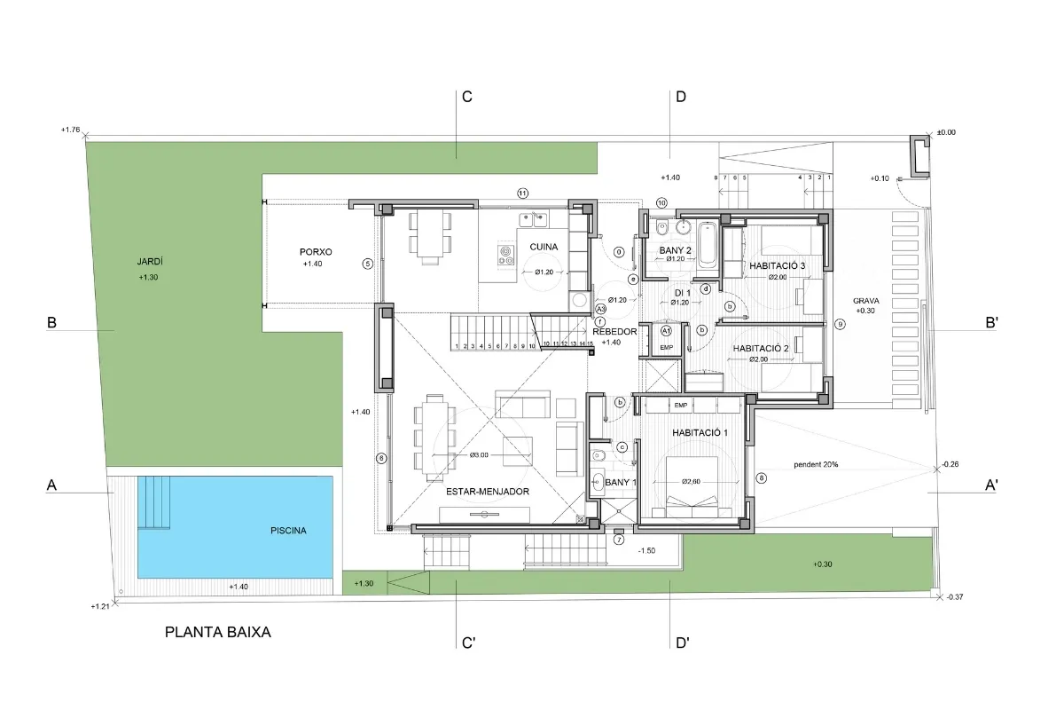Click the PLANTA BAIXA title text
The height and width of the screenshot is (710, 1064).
(x=217, y=633)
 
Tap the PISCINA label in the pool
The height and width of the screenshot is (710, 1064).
(x=288, y=531)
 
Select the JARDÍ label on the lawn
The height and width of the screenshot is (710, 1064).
(x=150, y=262)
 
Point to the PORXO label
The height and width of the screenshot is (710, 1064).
(x=315, y=252)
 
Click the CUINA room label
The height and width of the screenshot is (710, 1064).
(x=544, y=247)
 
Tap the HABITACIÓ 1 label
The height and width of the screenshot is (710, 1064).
(x=700, y=433)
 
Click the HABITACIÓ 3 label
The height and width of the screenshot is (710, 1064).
(x=777, y=265)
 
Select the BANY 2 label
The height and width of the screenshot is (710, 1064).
(x=675, y=250)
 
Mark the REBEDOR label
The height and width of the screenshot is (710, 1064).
(x=614, y=332)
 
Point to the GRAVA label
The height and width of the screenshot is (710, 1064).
(x=865, y=300)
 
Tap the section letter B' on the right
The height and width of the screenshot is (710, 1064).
(x=992, y=324)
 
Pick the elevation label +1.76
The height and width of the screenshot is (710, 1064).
(x=70, y=130)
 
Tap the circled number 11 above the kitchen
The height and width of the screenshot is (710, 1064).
(x=523, y=193)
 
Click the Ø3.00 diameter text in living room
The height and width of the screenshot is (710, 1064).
(x=478, y=455)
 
